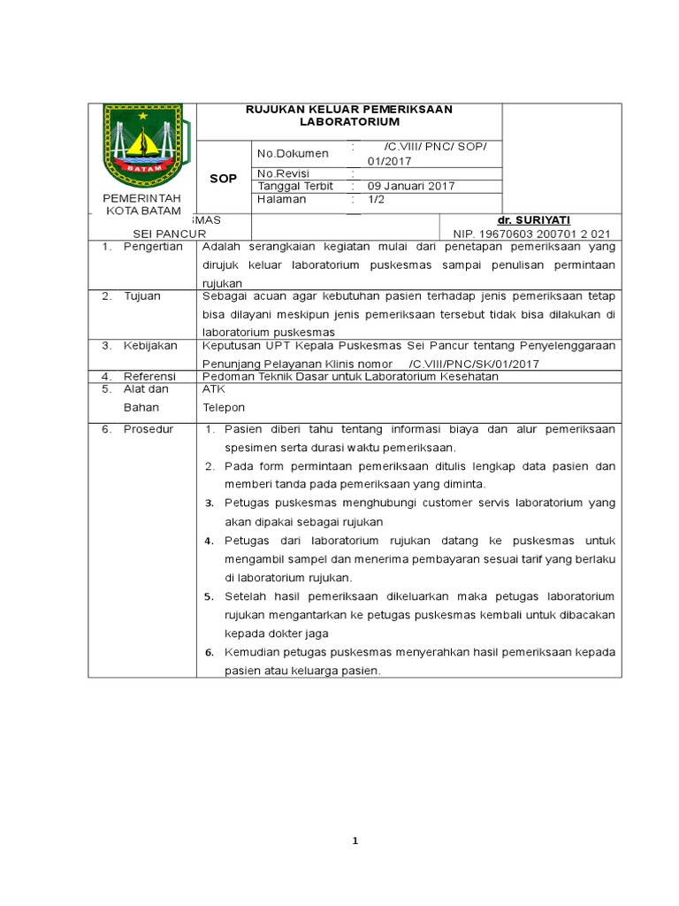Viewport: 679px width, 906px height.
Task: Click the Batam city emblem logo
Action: click(x=142, y=145)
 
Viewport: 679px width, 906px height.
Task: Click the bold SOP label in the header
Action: click(x=223, y=179)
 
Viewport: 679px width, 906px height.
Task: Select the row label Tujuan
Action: click(x=142, y=296)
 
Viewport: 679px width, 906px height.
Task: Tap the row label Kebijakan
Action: click(x=150, y=345)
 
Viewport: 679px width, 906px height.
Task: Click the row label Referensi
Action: click(x=150, y=376)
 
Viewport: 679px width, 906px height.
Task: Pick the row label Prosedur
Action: click(x=149, y=429)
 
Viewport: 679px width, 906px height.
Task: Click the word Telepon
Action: click(x=224, y=408)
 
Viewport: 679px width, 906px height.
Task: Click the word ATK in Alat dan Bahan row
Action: click(x=214, y=388)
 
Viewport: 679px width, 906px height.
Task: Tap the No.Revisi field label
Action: click(x=281, y=173)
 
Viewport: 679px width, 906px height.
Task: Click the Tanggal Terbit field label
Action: click(x=294, y=186)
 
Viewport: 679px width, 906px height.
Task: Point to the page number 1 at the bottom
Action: click(x=355, y=841)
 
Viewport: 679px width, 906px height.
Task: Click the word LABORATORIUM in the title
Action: click(x=349, y=121)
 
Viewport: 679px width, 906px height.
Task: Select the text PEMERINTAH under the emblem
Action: click(x=142, y=198)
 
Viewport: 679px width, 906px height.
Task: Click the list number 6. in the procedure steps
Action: click(x=210, y=652)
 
